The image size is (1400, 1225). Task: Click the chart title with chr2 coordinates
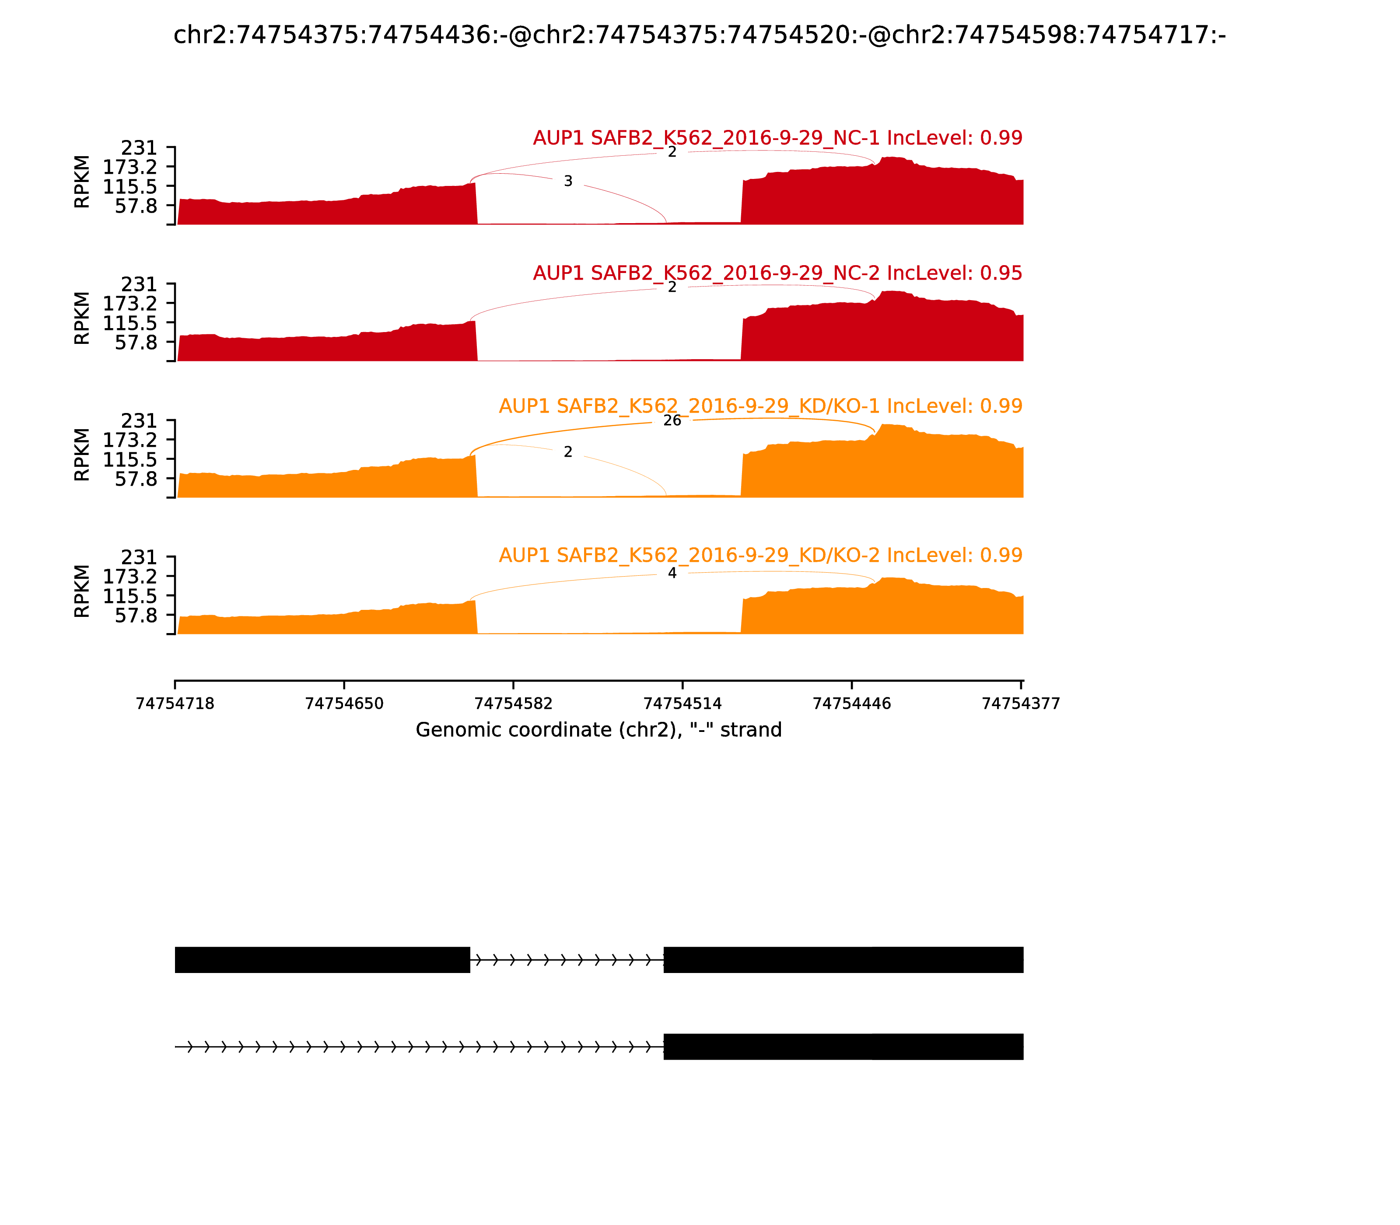699,35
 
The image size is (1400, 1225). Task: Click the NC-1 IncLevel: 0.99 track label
777,138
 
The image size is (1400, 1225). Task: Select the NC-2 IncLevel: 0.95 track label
777,273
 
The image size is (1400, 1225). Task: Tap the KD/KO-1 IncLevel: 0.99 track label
760,406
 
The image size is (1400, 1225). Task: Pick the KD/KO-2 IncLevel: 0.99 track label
760,555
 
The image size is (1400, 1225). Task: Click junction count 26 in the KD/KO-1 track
672,420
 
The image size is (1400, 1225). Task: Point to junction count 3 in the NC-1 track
568,181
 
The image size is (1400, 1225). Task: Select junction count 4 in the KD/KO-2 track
672,573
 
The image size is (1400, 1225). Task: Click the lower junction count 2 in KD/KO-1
568,452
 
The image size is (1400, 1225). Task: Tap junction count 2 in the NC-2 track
672,287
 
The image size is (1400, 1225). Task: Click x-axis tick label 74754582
513,703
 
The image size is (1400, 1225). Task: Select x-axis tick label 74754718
175,703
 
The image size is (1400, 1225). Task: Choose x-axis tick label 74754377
1021,703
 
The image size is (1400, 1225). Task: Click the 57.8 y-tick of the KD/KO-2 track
136,615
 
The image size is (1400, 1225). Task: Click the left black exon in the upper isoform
322,960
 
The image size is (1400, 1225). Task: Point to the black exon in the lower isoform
843,1046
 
